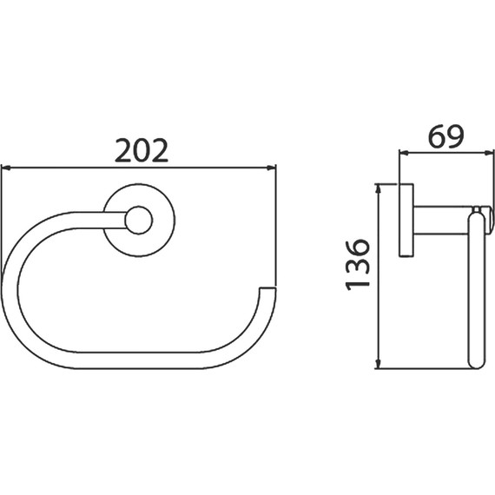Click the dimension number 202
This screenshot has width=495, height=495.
click(x=142, y=150)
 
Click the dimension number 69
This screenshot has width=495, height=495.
click(x=445, y=136)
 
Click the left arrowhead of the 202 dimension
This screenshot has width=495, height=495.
click(x=6, y=168)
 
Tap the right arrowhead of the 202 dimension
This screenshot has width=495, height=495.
click(x=272, y=168)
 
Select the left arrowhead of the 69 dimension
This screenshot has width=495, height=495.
click(x=404, y=153)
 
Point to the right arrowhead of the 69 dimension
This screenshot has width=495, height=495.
click(x=489, y=153)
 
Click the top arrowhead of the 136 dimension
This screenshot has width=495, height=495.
click(x=379, y=189)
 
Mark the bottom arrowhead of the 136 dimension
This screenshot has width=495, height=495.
click(x=379, y=364)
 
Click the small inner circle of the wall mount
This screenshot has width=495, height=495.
click(x=139, y=221)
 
